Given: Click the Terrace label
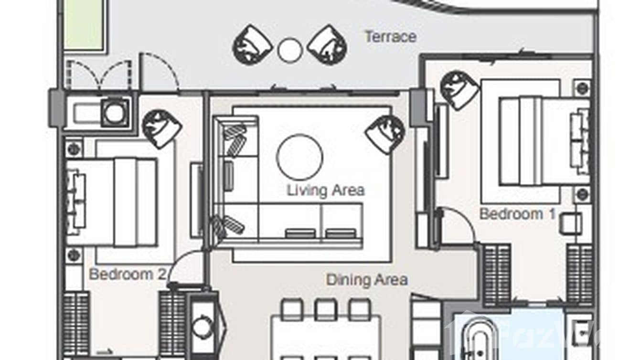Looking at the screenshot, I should tap(390, 37).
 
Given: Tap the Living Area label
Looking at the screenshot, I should tap(325, 191).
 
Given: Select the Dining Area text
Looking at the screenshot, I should tap(366, 279).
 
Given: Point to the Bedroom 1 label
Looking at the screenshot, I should tap(517, 214).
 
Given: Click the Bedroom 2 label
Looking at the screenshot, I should tap(127, 274).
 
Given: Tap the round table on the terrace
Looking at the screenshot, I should tap(290, 51).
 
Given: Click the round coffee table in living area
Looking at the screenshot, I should tap(299, 157).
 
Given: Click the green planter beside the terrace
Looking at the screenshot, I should tap(84, 24).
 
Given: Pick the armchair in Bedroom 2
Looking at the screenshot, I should tap(161, 128).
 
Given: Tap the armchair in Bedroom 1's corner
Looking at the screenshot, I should tap(459, 90).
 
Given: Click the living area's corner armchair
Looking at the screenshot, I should tap(385, 134).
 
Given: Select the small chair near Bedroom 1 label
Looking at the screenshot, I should tap(570, 223).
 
